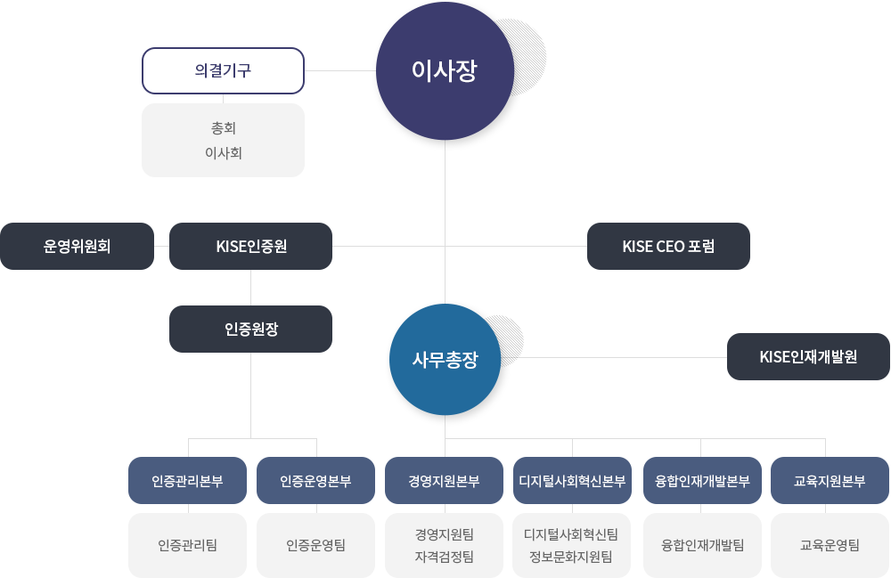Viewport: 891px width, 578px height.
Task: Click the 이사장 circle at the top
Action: click(x=445, y=71)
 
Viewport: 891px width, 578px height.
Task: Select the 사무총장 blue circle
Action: click(x=445, y=360)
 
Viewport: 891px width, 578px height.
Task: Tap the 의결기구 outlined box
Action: click(x=223, y=71)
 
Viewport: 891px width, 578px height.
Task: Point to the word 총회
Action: click(x=223, y=128)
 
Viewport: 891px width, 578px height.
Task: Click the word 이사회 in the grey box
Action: click(x=223, y=153)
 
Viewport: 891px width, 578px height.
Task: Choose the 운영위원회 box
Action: click(x=78, y=246)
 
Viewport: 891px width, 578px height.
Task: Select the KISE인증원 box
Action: click(x=250, y=246)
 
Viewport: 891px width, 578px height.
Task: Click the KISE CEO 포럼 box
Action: click(x=667, y=246)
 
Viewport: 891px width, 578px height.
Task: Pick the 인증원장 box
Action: click(x=250, y=329)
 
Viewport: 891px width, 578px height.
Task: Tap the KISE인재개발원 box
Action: click(x=807, y=356)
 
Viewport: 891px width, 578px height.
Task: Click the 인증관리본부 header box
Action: click(x=187, y=481)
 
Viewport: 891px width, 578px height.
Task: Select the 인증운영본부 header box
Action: click(x=315, y=481)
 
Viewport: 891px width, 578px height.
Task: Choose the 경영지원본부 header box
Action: click(x=444, y=481)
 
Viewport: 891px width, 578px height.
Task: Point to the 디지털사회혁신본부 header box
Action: click(x=572, y=481)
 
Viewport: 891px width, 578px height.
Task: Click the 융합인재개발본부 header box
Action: click(x=701, y=481)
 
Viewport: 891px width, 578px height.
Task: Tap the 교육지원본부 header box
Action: click(x=830, y=481)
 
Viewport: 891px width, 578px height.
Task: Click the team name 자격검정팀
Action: click(x=444, y=558)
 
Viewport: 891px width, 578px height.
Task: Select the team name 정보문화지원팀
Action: click(x=571, y=558)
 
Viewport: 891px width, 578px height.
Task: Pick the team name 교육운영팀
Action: click(x=830, y=545)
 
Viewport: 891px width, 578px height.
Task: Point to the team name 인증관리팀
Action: click(x=187, y=545)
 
